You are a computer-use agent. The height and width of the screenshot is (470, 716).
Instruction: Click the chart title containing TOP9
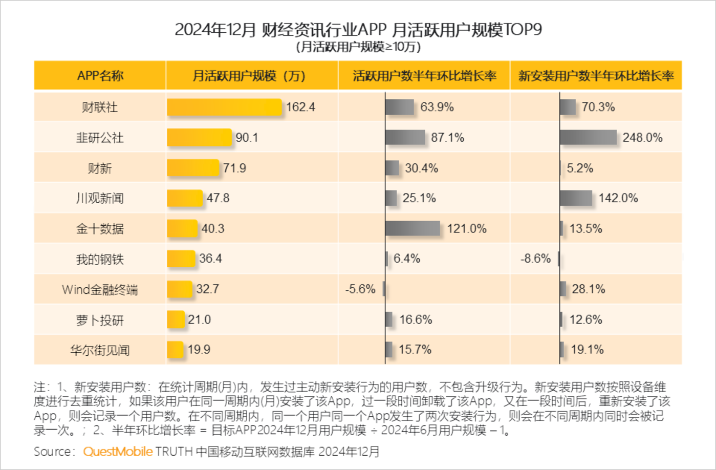pos(358,29)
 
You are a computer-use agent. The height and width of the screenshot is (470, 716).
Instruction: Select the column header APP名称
pos(100,76)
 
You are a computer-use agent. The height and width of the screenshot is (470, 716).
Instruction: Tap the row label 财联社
pos(100,107)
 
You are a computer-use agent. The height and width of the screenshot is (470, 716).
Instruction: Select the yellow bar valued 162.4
pos(224,107)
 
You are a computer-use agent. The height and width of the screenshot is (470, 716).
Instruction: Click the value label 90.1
pos(247,138)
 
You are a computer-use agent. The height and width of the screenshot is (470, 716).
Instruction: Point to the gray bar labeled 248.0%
pos(588,137)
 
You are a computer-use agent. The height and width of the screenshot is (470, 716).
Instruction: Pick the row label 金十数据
pos(100,229)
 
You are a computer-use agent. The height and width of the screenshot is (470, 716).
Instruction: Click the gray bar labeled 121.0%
pos(413,228)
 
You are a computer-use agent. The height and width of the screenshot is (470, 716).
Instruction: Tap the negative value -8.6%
pos(535,259)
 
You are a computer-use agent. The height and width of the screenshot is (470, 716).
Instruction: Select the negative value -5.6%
pos(360,289)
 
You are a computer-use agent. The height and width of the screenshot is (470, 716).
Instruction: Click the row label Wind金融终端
pos(100,290)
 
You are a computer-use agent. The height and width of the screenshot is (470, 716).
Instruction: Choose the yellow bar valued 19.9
pos(175,350)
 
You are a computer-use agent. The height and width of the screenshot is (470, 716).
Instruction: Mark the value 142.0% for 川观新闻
pos(618,198)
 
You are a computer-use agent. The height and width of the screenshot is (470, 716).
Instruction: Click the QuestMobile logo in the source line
pos(118,452)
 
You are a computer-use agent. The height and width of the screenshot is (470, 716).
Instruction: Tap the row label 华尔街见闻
pos(100,350)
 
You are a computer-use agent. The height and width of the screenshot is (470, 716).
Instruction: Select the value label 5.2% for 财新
pos(580,168)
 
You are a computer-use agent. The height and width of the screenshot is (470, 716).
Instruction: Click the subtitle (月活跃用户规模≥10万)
pos(358,47)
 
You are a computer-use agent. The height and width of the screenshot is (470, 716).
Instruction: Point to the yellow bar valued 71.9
pos(193,168)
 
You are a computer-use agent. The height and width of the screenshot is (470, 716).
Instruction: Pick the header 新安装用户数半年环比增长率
pos(596,76)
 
